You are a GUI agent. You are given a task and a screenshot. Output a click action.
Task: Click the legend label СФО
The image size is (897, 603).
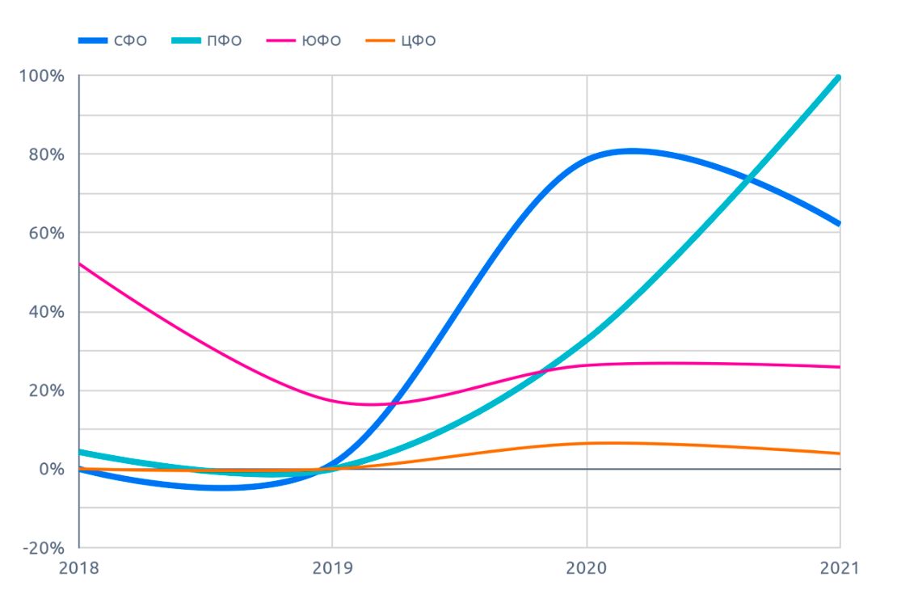(130, 40)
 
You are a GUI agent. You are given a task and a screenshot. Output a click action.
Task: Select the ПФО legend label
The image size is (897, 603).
(225, 40)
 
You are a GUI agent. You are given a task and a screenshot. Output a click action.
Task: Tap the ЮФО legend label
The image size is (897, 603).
(322, 40)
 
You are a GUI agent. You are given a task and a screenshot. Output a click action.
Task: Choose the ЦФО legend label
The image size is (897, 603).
(418, 40)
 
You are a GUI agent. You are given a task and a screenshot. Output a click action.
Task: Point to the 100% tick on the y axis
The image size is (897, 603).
(41, 76)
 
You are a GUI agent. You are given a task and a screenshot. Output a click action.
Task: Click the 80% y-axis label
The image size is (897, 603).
(44, 154)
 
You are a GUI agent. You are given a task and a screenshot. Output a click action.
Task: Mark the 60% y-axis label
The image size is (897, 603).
(44, 233)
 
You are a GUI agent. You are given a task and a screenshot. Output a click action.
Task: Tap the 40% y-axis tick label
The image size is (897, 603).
(44, 312)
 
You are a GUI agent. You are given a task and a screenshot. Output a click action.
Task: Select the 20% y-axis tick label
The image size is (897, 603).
(44, 390)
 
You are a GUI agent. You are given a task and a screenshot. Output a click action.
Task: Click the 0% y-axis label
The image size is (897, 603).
(49, 470)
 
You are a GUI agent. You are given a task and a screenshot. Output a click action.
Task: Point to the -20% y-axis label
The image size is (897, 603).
(41, 548)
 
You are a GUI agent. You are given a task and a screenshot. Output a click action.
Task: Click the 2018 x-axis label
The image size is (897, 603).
(79, 568)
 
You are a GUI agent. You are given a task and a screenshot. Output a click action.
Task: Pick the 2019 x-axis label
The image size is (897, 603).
(333, 568)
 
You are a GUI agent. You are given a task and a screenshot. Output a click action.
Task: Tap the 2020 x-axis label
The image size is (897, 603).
(587, 568)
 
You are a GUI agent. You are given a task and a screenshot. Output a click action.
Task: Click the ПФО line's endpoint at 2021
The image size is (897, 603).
(840, 77)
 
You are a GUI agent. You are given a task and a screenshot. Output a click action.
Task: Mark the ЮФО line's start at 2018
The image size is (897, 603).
(80, 264)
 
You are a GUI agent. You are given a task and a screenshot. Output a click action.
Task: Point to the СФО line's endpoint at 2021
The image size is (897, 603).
(840, 224)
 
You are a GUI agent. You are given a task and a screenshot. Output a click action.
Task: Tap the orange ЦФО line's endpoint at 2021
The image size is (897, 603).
(840, 453)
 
